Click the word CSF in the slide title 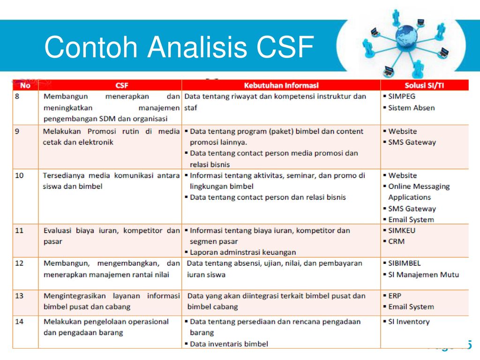point(285,47)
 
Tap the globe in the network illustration point(406,36)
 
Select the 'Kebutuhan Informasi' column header point(281,85)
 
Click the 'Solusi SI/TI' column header point(424,85)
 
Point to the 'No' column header point(25,85)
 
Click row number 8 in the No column point(17,97)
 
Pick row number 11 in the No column point(19,231)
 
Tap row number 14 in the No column point(19,322)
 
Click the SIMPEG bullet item point(402,97)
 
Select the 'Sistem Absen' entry point(412,108)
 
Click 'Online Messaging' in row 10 point(419,187)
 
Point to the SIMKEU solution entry point(402,231)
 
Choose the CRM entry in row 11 point(397,241)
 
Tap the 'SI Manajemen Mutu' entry point(424,275)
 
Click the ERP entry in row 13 point(395,296)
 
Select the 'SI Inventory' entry point(409,322)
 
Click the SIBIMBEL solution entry point(405,263)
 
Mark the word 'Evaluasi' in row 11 point(57,231)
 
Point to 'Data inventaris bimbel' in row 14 point(229,344)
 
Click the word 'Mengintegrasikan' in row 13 point(75,296)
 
